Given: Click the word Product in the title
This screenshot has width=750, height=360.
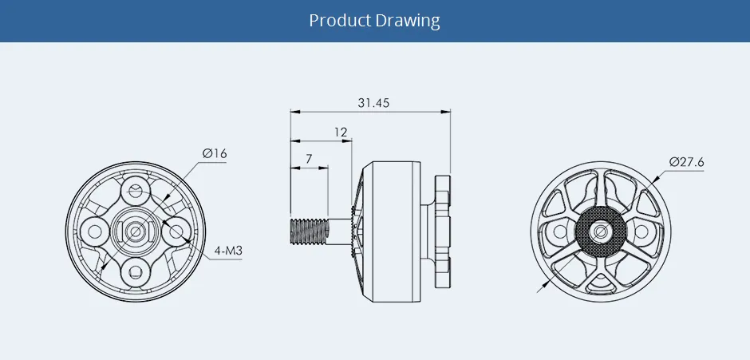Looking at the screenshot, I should pos(341,20).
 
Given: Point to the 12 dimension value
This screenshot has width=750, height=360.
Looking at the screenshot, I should pos(341,132).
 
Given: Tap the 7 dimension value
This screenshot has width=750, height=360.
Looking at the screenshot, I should pos(308,160).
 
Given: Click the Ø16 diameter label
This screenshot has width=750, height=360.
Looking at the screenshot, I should pos(214,153).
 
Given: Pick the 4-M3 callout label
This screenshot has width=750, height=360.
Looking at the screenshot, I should pos(228,251).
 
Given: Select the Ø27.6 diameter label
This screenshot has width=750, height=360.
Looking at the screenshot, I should pos(686,162).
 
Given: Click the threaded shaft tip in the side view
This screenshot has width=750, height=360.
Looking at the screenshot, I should pos(307,231).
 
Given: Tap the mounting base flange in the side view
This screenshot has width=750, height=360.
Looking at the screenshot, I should pos(442,231).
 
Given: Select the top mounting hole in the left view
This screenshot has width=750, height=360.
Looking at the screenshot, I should pos(136,192).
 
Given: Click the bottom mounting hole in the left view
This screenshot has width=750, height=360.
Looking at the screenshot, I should pos(136,271).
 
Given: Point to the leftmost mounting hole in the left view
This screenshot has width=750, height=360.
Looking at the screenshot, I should pos(96,231).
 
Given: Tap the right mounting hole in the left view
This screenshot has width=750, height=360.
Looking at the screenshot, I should pos(176,231).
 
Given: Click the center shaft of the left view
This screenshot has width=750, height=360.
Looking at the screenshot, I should pos(136,231).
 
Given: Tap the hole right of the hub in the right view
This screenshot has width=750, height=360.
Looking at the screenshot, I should pos(640,232).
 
